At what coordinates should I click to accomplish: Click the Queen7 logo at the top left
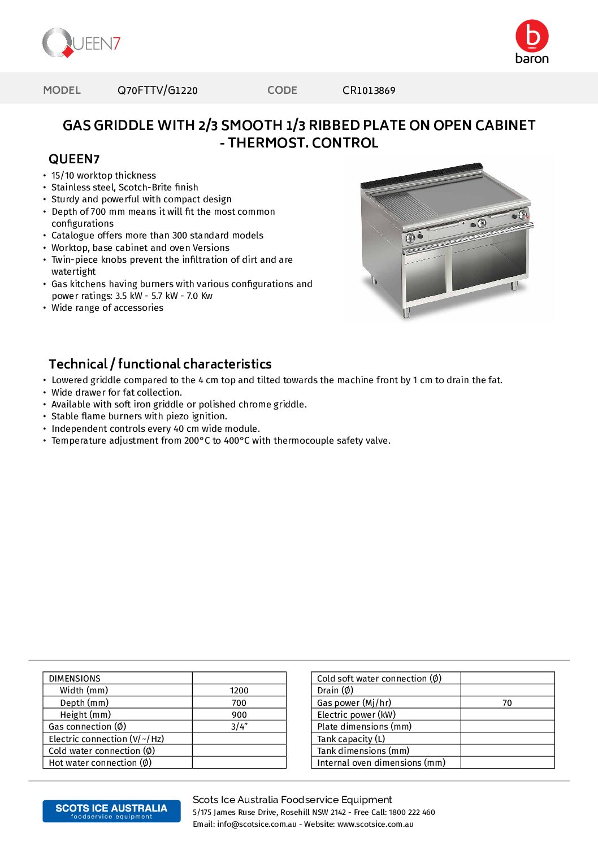coord(81,43)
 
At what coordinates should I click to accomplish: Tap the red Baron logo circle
coord(532,36)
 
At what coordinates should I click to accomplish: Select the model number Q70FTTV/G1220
coord(158,90)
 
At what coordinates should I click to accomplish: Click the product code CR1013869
coord(369,90)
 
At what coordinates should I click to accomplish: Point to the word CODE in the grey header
coord(282,90)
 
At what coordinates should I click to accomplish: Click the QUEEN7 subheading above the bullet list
coord(74,159)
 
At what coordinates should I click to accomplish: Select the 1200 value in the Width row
coord(239,691)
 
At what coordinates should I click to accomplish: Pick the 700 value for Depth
coord(239,703)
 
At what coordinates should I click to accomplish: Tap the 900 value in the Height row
coord(239,715)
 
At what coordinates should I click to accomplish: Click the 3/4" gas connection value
coord(239,727)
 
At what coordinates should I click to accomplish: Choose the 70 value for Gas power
coord(507,703)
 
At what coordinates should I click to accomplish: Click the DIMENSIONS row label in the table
coord(75,679)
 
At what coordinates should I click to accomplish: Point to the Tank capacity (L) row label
coord(351,739)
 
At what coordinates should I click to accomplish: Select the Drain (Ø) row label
coord(335,691)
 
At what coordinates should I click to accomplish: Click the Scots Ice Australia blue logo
coord(111,811)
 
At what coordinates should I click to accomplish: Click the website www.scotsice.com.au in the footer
coord(375,825)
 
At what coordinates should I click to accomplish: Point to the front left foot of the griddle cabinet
coord(406,312)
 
